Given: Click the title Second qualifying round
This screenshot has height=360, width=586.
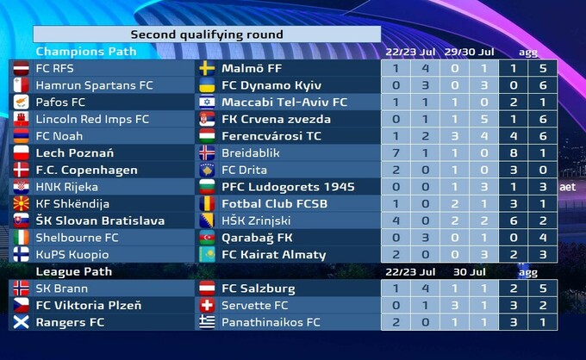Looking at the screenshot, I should pos(206,34).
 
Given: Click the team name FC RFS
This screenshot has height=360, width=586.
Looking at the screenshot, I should pos(54,68).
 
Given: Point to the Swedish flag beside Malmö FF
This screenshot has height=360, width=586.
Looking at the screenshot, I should pos(208,68).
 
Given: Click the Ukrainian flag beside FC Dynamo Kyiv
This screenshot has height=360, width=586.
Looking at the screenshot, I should pos(208,85).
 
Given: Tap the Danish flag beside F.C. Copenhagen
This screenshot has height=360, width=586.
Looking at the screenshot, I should pos(22,170).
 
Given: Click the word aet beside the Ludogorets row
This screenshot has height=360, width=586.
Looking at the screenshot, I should pos(567,187).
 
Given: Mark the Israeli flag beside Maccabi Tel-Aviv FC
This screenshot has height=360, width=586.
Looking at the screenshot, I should pos(208,102).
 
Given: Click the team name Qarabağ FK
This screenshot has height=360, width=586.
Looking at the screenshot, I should pos(258,238).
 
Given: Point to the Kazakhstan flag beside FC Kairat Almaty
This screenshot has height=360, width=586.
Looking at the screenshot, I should pos(208,255).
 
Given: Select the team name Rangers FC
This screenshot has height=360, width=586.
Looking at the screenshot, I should pos(70,322).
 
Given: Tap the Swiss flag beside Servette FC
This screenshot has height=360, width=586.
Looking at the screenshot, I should pos(208,306).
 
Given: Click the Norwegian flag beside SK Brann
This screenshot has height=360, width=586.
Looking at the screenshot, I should pos(22,289).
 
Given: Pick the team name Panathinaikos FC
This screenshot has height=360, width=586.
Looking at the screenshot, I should pos(271,322).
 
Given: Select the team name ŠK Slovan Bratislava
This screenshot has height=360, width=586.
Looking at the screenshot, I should pos(100,220).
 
